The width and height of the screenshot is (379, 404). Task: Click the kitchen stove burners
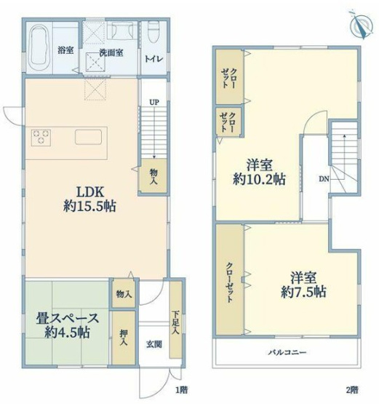pyautogui.click(x=40, y=137)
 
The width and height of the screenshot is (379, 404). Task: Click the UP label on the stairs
pyautogui.click(x=153, y=102)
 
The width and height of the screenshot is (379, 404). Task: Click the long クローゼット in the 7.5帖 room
pyautogui.click(x=229, y=278)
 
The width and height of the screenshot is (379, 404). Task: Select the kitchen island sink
pyautogui.click(x=89, y=137)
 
